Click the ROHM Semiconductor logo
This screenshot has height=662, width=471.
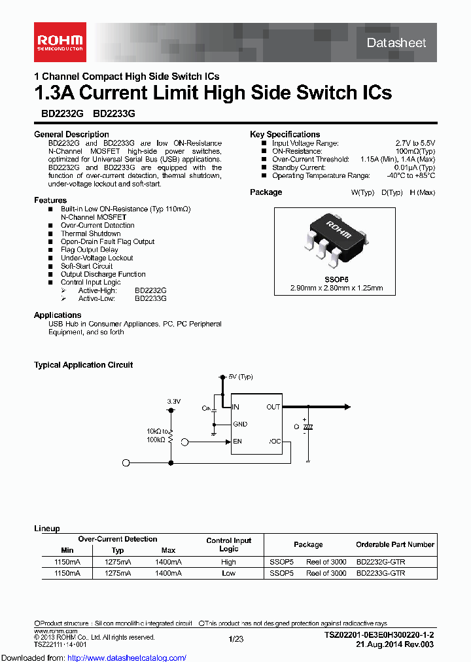click(59, 41)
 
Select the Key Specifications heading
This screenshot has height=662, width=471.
click(285, 134)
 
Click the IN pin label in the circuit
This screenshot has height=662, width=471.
click(236, 407)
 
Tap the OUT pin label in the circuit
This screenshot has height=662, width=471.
click(273, 407)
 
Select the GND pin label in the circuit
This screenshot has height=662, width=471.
click(240, 424)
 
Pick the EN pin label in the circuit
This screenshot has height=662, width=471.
click(237, 442)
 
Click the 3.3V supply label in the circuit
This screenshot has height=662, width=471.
click(173, 400)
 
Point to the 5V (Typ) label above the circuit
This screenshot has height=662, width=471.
click(240, 377)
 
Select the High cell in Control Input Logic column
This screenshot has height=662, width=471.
click(228, 562)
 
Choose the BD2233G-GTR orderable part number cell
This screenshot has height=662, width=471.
click(380, 573)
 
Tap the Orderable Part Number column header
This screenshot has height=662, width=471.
click(394, 544)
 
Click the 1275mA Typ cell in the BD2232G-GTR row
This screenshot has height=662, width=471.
click(118, 562)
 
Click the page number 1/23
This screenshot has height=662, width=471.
click(235, 639)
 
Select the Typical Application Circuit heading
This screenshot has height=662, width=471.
click(83, 365)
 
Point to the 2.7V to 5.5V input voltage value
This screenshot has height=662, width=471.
click(415, 143)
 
